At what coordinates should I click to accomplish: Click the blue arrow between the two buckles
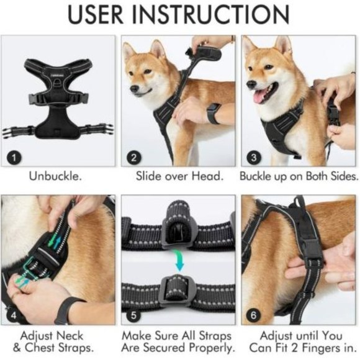point(179,259)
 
